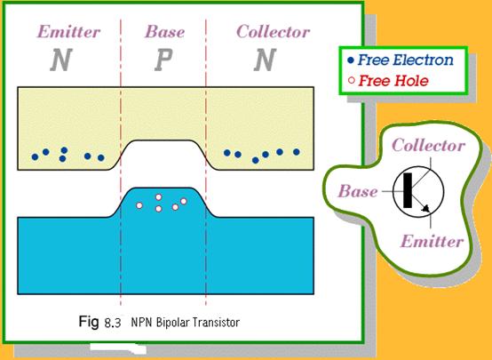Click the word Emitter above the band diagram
coord(68,32)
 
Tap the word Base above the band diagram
coord(164,32)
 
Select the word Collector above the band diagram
coord(273,32)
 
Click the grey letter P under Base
coord(163,60)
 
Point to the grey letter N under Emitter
coord(61,60)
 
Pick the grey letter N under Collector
coord(265,60)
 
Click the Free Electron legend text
coord(405,60)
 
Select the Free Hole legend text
coord(393,81)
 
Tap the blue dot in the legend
coord(351,60)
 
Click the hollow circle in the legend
coord(352,80)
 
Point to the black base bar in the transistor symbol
coord(408,190)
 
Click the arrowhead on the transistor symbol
coord(425,208)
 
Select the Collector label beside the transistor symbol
coord(429,146)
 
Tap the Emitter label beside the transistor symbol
coord(432,241)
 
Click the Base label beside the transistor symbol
coord(357,191)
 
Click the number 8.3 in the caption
coord(112,323)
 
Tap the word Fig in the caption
coord(89,322)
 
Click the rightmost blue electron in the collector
coord(297,152)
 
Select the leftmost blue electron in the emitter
coord(36,156)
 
